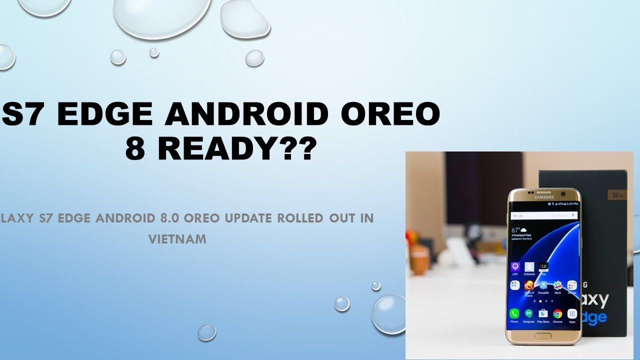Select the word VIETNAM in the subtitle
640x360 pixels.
click(x=177, y=239)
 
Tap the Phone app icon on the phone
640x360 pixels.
click(x=514, y=314)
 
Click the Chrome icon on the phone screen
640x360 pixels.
click(x=557, y=314)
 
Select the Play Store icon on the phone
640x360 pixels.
click(x=543, y=314)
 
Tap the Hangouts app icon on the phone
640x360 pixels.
click(x=528, y=314)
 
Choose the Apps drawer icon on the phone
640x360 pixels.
click(x=572, y=314)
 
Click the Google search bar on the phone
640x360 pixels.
click(x=544, y=215)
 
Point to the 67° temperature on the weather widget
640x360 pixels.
click(x=516, y=230)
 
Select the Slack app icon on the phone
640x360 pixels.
click(x=557, y=285)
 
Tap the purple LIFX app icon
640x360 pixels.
click(x=514, y=267)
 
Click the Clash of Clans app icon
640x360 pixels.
click(x=529, y=286)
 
